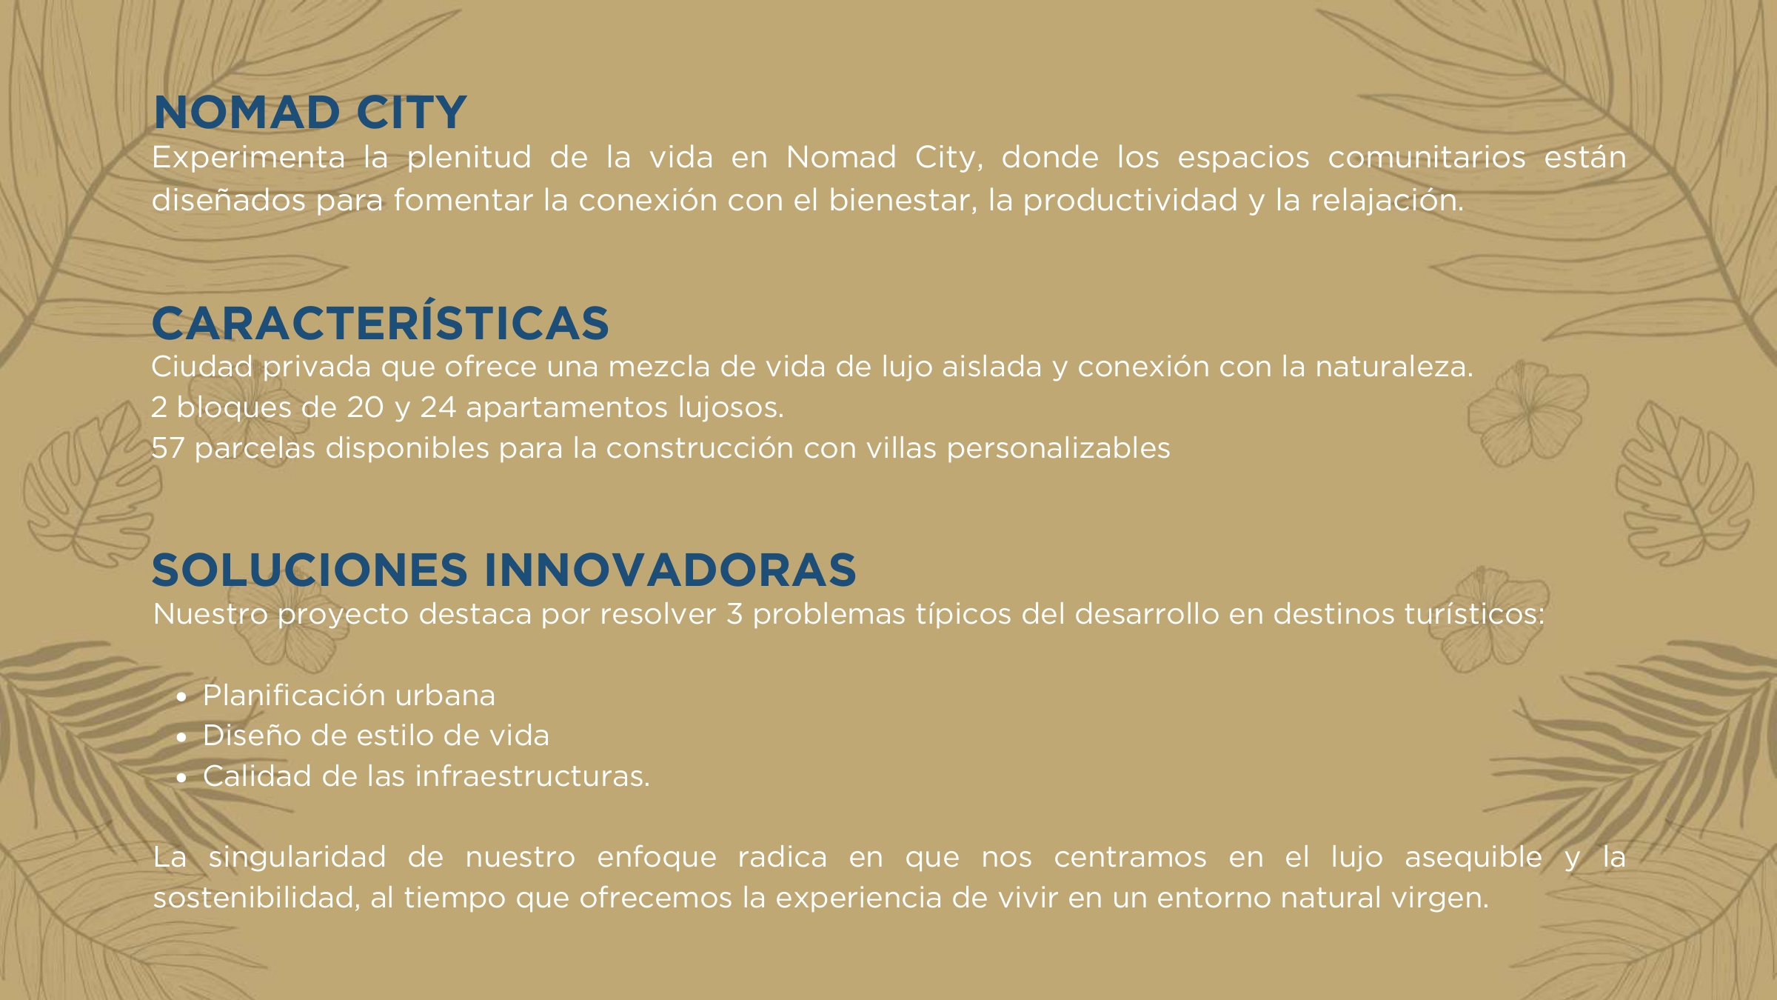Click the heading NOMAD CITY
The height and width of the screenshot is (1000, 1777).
[309, 113]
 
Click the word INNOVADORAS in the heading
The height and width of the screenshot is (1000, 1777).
[670, 570]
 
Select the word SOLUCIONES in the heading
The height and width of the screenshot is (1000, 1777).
[309, 570]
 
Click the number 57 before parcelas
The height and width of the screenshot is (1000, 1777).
[167, 448]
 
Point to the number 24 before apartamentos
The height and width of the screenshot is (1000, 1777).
[438, 407]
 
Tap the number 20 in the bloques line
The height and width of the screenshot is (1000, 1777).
[365, 407]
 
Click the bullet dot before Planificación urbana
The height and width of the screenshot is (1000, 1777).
[181, 697]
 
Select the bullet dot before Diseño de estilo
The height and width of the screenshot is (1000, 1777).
[181, 738]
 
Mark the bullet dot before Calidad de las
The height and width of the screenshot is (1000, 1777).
[181, 778]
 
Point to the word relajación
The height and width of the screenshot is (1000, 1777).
[1388, 201]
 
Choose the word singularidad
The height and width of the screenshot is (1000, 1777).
[297, 858]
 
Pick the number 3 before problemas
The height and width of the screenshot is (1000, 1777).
[734, 614]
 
